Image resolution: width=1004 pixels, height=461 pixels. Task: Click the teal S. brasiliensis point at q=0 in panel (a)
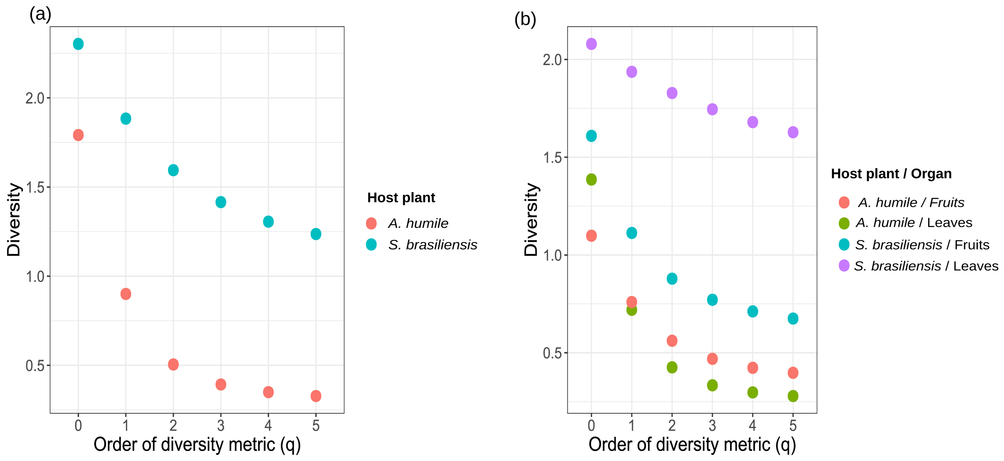point(78,44)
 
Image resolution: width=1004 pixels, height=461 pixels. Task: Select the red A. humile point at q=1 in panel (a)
point(126,294)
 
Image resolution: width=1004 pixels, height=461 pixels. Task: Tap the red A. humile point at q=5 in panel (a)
point(316,396)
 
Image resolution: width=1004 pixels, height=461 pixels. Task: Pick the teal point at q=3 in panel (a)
point(221,202)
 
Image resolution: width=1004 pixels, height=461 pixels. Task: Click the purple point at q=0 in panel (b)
point(591,44)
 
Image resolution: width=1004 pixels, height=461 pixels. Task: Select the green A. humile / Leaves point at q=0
point(591,179)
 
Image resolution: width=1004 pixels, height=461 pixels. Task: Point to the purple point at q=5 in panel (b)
point(793,132)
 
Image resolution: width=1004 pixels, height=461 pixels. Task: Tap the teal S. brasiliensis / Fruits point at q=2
point(672,279)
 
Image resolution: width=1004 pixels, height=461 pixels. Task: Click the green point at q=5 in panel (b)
point(793,396)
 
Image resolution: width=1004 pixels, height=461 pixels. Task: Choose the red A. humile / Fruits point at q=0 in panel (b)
point(591,235)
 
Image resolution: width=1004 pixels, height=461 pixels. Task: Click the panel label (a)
point(40,14)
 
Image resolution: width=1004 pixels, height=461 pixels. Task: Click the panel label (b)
point(525,19)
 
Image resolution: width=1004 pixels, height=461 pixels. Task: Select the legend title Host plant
point(401,197)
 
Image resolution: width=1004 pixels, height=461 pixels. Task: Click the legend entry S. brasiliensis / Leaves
point(926,266)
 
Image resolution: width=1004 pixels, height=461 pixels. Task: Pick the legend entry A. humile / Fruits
point(911,202)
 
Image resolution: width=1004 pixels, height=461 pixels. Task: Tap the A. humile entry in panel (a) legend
point(418,223)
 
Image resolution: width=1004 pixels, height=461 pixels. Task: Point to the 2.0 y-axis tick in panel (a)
point(35,98)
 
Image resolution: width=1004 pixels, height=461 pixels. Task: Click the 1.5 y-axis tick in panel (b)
point(552,157)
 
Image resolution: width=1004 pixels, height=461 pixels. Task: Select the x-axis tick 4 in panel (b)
point(753,426)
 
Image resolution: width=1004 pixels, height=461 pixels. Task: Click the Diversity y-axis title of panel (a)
point(14,219)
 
